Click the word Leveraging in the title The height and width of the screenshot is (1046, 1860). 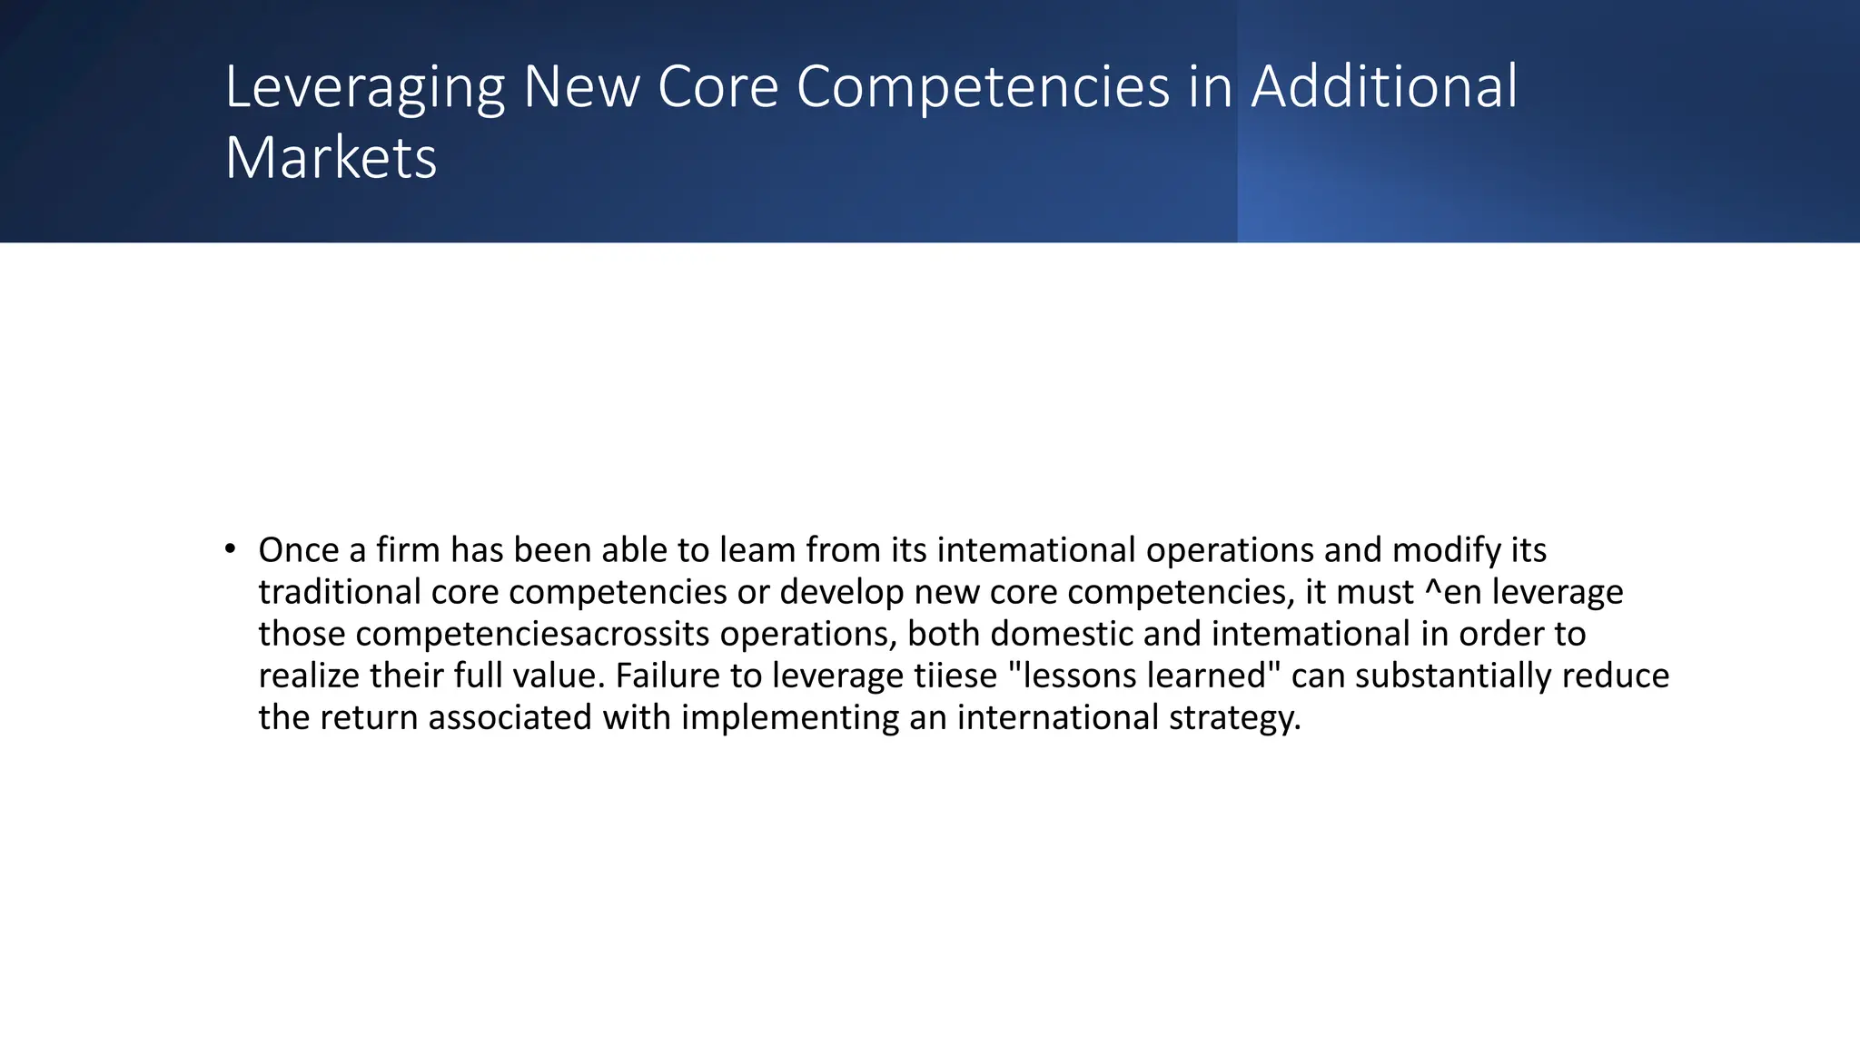(x=364, y=89)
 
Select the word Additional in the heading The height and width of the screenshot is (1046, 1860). (x=1384, y=87)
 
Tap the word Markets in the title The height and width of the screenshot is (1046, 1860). (x=331, y=158)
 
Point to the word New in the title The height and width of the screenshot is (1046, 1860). (x=581, y=87)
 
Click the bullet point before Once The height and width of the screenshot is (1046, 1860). (x=231, y=548)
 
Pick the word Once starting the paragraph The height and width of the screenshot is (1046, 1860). (x=298, y=550)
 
